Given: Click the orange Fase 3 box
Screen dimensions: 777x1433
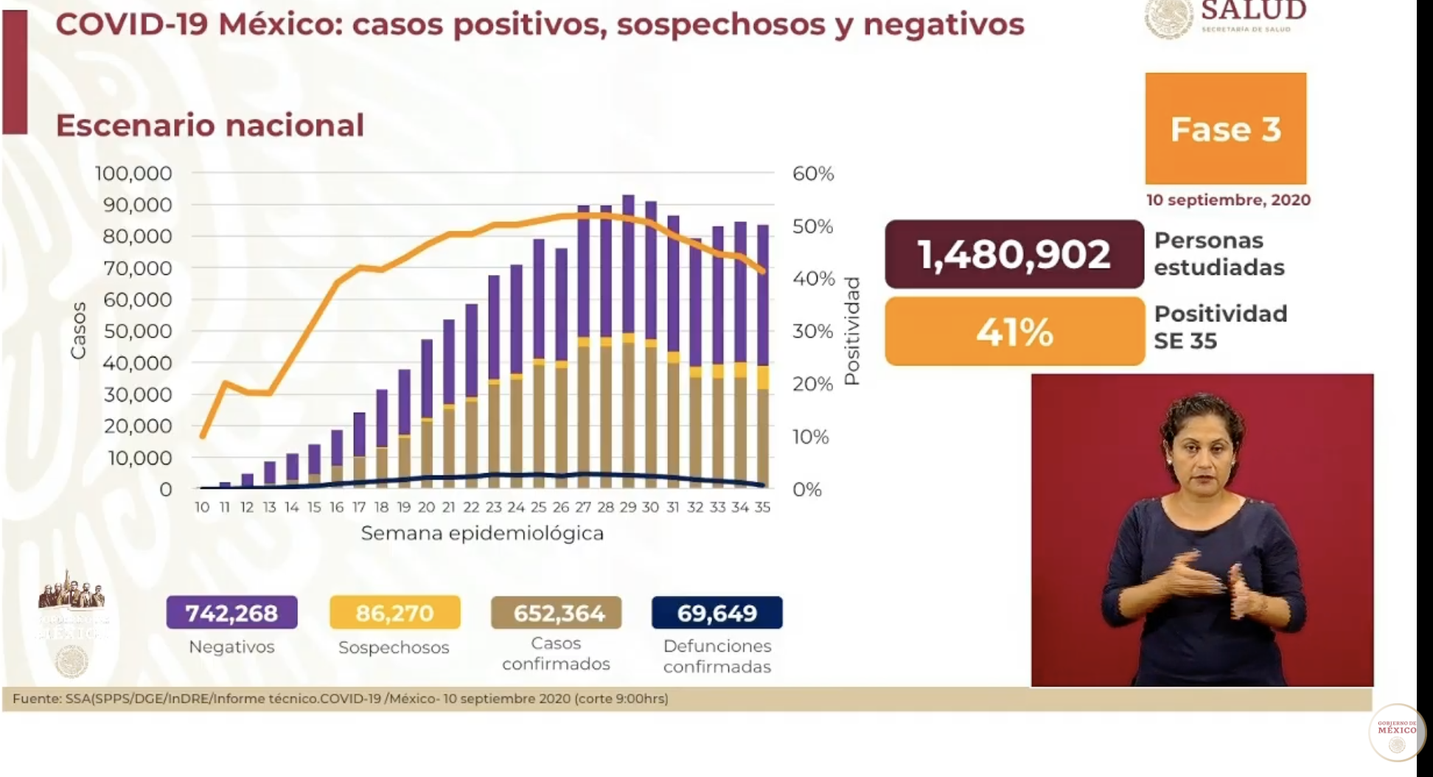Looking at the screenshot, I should coord(1225,129).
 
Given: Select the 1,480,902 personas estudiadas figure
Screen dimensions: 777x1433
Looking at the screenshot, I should coord(1014,254).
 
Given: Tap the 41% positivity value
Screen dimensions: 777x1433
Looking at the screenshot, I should coord(1014,332).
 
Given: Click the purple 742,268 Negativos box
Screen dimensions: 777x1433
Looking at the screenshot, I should coord(231,613).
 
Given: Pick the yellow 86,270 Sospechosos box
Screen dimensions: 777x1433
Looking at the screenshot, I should coord(394,613).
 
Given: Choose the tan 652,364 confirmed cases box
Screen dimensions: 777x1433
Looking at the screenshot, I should coord(556,613).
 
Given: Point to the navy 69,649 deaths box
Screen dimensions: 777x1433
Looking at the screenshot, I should coord(716,613).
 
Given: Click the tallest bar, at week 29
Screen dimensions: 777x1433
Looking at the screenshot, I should coord(628,339).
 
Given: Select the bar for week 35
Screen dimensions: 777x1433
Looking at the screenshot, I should coord(763,354).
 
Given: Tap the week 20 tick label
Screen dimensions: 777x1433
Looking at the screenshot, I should coord(426,507).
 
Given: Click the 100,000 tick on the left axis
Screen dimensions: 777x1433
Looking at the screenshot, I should coord(133,174).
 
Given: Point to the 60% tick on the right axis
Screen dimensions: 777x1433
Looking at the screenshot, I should coord(813,174).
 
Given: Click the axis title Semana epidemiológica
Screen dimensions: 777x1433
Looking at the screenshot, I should coord(482,533).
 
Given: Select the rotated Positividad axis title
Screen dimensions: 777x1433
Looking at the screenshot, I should coord(852,331).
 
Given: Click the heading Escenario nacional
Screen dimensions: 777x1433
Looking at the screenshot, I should coord(210,125).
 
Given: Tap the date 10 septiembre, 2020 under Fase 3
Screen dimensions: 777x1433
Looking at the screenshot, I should coord(1228,200).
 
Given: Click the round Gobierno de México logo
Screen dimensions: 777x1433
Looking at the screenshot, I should coord(1396,732).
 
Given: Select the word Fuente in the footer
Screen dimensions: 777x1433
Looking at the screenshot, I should coord(35,698).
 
